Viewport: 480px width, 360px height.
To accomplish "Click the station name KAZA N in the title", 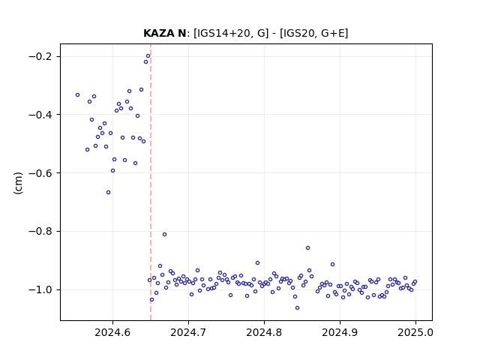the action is [x=164, y=33].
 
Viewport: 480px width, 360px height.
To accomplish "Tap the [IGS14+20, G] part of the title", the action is [x=231, y=33].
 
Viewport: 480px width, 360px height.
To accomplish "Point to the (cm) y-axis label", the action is [x=18, y=183].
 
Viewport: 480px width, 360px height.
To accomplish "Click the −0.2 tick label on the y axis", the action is [x=40, y=56].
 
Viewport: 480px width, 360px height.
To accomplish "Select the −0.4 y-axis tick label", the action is [x=40, y=115].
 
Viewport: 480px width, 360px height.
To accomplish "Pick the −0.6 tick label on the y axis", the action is [x=40, y=173].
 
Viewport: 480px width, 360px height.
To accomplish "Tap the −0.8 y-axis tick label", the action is [x=40, y=231].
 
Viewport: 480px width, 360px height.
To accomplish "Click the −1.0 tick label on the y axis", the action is [x=40, y=289].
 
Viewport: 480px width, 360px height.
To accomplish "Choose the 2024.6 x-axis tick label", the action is [x=112, y=332].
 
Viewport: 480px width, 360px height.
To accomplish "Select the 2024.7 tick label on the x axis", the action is [x=188, y=332].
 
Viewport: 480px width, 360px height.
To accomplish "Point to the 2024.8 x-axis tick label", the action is [x=264, y=332].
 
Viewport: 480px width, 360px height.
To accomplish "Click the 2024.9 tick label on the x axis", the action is [x=340, y=332].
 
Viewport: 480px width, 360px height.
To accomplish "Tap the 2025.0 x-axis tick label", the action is [x=415, y=332].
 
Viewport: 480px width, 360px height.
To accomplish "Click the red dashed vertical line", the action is [x=151, y=182].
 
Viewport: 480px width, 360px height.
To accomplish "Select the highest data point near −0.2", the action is [x=148, y=56].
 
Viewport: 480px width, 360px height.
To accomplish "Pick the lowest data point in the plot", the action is [x=297, y=308].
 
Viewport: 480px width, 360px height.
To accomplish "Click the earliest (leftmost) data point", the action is [x=78, y=95].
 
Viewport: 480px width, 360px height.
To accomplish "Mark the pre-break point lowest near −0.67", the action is [x=108, y=193].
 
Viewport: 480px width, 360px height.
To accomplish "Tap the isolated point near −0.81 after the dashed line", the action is [x=165, y=235].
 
